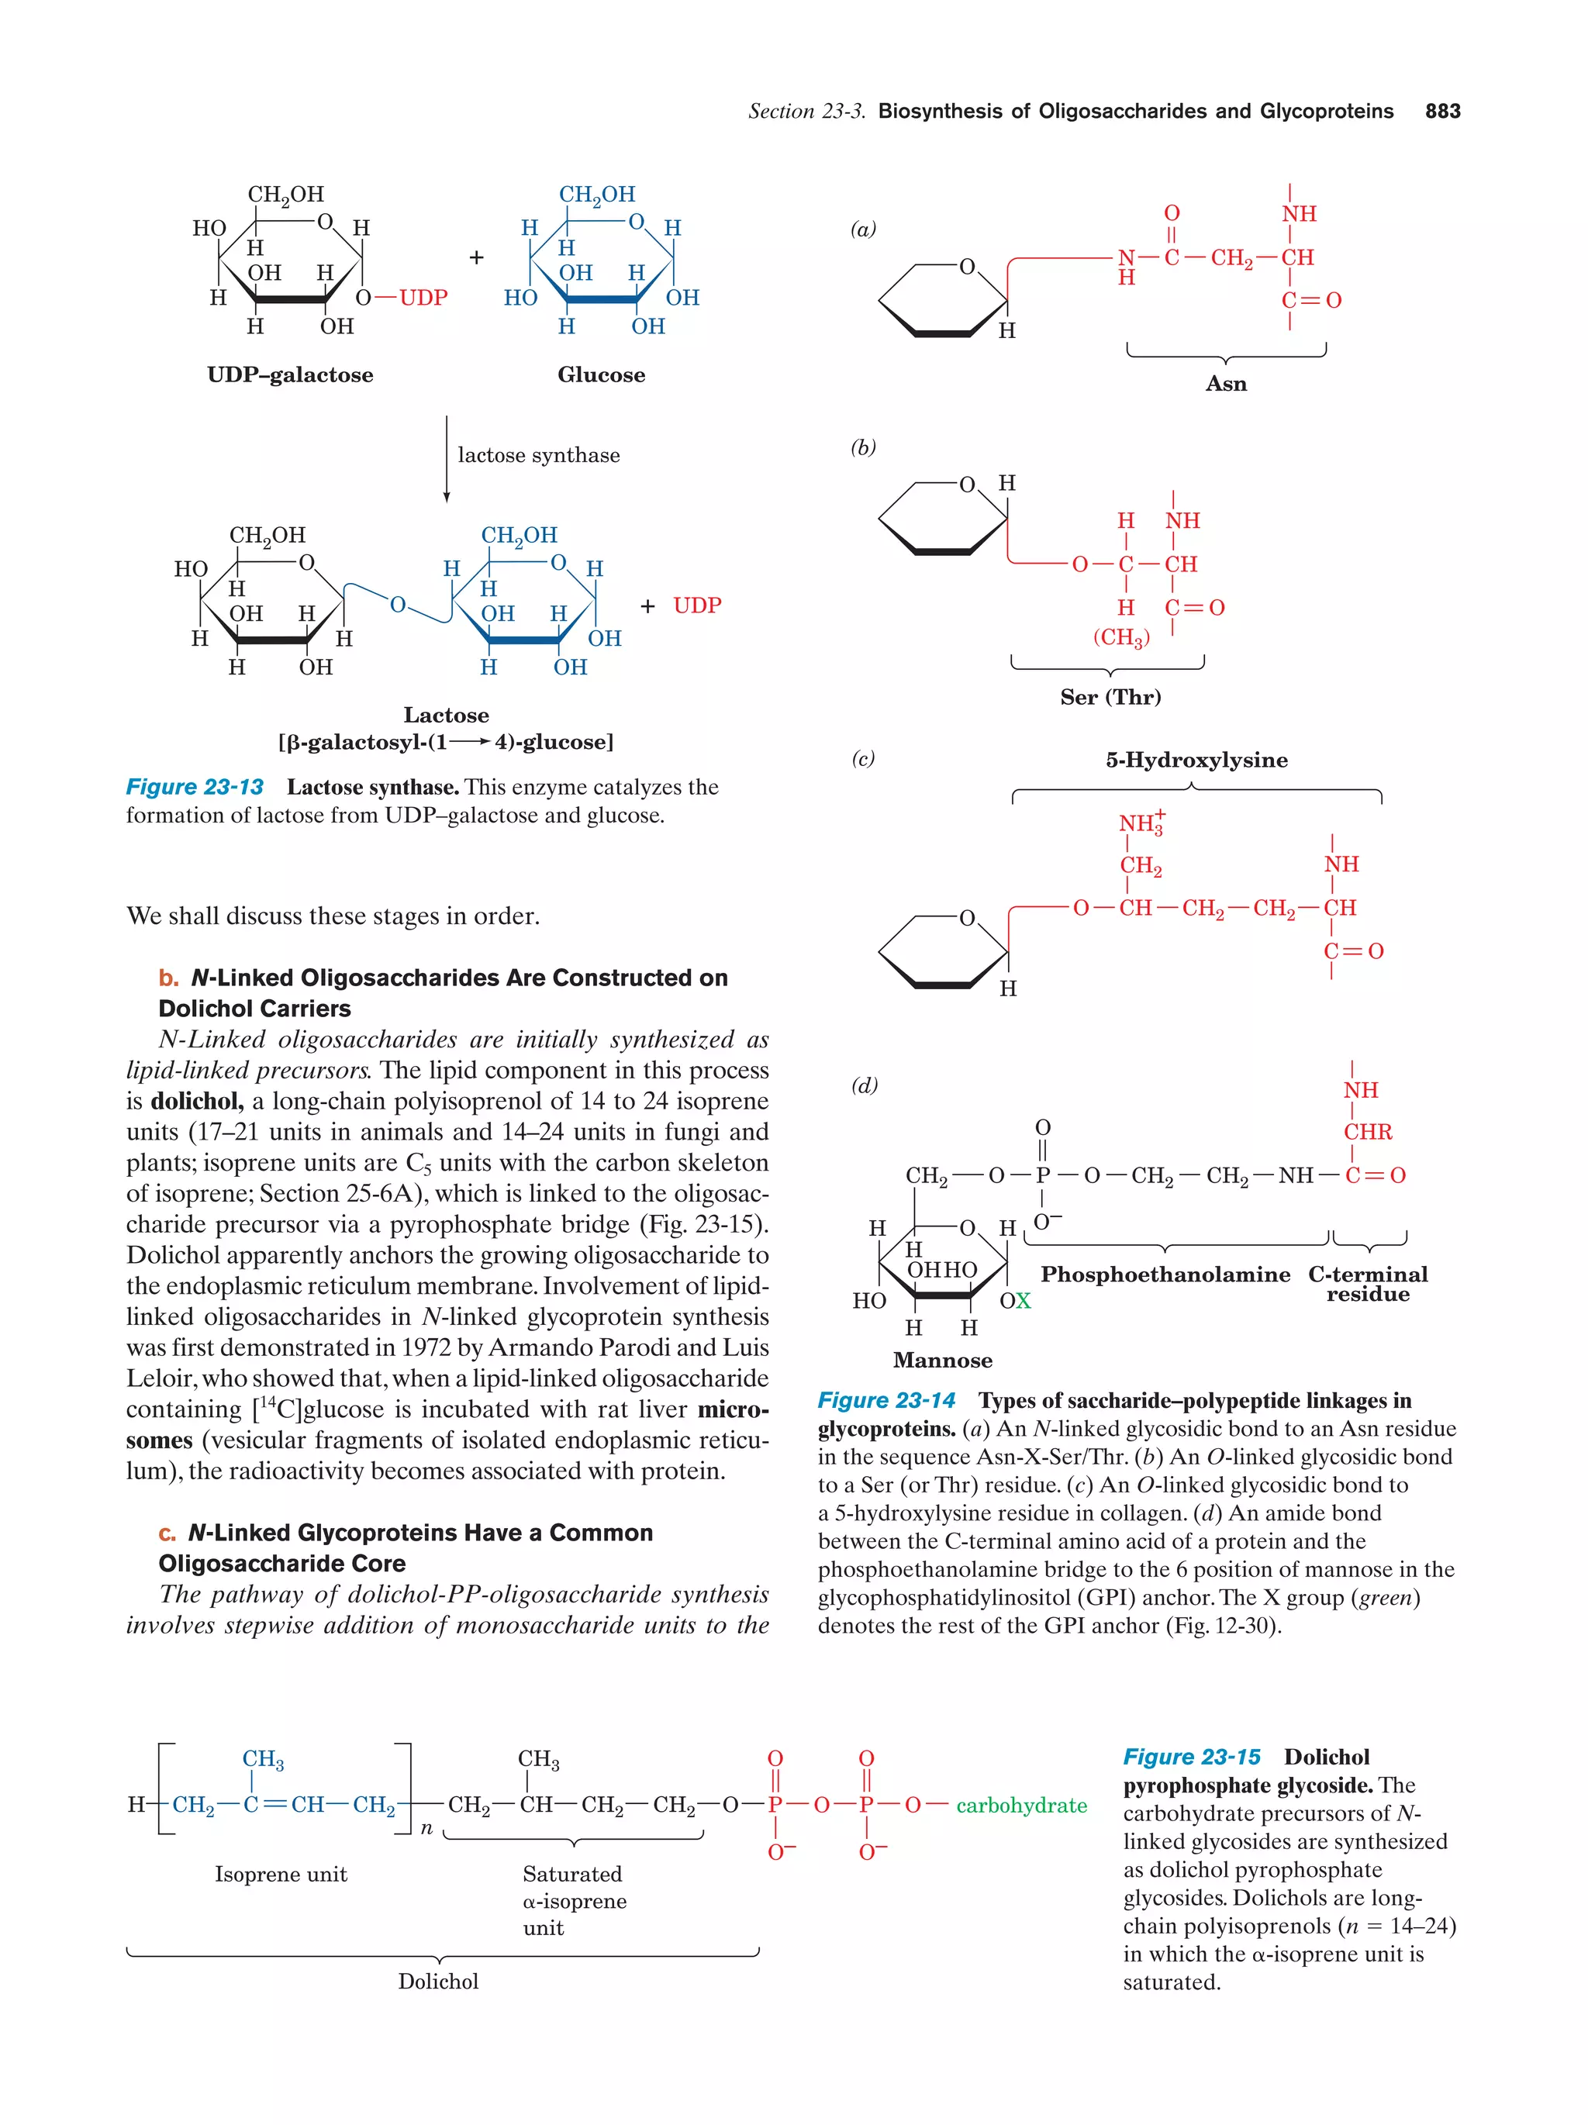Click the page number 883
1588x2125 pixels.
click(1442, 112)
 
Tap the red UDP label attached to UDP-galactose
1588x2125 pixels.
click(423, 298)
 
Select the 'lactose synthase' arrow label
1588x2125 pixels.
click(538, 455)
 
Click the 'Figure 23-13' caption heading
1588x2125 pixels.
click(195, 788)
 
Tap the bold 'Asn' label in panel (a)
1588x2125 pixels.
click(1226, 385)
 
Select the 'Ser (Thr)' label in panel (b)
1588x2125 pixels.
click(1110, 698)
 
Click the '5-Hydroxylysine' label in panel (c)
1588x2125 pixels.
click(1196, 760)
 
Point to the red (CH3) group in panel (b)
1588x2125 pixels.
click(1121, 638)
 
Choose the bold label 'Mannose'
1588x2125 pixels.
click(942, 1361)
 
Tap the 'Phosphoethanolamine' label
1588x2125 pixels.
click(1165, 1275)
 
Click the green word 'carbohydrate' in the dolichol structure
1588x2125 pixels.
click(1021, 1806)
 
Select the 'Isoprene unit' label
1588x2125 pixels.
click(281, 1875)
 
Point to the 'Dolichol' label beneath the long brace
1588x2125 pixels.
click(438, 1982)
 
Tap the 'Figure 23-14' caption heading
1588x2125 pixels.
click(885, 1402)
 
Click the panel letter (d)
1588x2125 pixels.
click(864, 1085)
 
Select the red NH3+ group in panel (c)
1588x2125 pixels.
click(1141, 823)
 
